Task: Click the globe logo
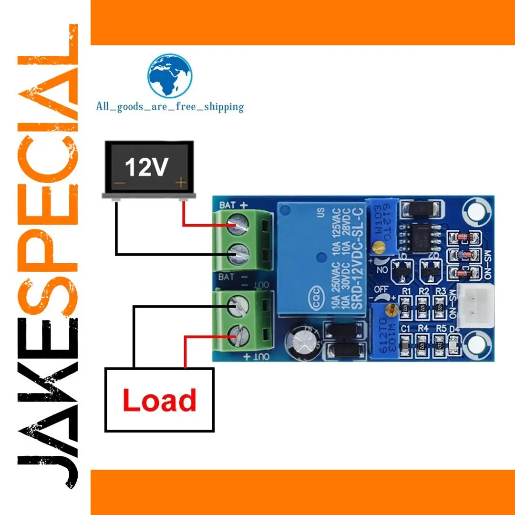(170, 76)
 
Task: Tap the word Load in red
(160, 401)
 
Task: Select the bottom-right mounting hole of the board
(475, 343)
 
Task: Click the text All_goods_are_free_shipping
(170, 106)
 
